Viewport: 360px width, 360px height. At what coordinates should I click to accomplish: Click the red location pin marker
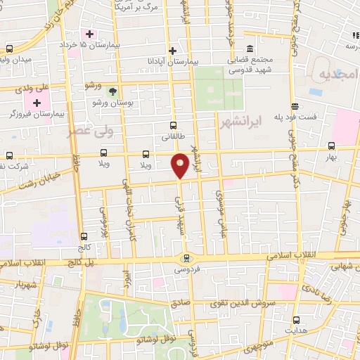(x=180, y=165)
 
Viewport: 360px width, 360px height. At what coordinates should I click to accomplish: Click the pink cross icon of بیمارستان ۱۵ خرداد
(x=89, y=34)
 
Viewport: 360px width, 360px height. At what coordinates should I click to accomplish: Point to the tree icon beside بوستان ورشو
(x=112, y=91)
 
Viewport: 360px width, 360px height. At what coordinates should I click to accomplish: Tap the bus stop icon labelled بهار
(x=331, y=146)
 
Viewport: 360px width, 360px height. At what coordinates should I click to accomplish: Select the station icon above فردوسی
(x=186, y=257)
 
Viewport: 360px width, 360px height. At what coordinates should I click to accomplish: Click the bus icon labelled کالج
(x=84, y=237)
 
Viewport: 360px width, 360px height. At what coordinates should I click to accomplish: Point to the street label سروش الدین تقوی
(x=239, y=304)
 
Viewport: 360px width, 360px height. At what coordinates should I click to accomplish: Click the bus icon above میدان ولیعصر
(x=9, y=49)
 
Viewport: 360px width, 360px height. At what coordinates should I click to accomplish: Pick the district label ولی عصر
(x=89, y=131)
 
